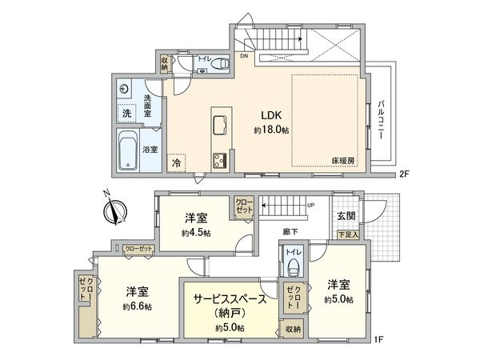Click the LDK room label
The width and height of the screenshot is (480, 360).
tap(267, 114)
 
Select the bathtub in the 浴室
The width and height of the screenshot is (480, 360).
tap(129, 150)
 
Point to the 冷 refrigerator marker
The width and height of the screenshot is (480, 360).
tap(175, 161)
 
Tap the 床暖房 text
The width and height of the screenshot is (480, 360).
tap(343, 161)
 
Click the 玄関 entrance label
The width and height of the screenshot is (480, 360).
tap(346, 216)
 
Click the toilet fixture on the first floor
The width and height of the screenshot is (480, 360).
tap(292, 266)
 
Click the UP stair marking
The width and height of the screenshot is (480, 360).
tap(310, 205)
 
